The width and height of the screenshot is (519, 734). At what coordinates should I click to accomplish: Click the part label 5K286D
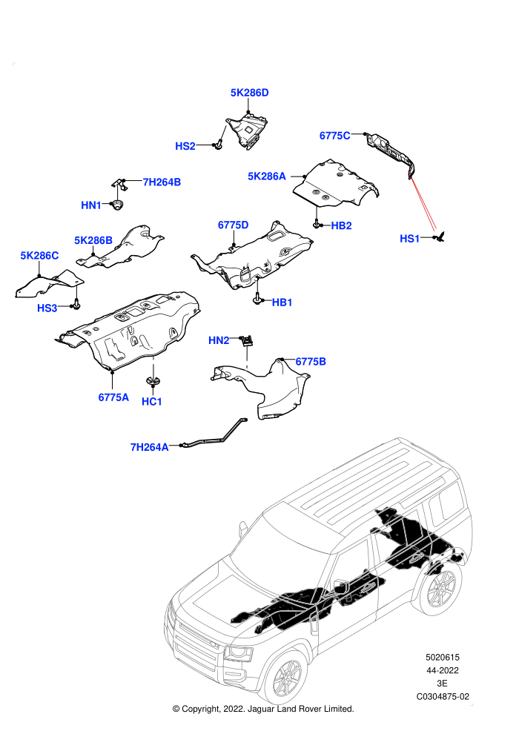pyautogui.click(x=249, y=93)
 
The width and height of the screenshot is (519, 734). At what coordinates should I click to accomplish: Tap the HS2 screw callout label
pyautogui.click(x=185, y=146)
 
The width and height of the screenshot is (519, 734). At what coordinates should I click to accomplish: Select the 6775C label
pyautogui.click(x=334, y=136)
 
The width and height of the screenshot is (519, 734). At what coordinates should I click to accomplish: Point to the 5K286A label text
pyautogui.click(x=266, y=176)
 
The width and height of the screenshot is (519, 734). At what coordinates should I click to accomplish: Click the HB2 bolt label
pyautogui.click(x=341, y=225)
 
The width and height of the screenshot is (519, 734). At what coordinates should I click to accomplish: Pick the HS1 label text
pyautogui.click(x=409, y=239)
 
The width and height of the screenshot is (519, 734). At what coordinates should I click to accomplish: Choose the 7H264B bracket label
pyautogui.click(x=162, y=182)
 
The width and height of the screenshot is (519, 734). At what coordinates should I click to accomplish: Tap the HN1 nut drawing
pyautogui.click(x=116, y=205)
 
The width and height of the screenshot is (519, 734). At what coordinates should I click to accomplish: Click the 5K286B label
pyautogui.click(x=93, y=241)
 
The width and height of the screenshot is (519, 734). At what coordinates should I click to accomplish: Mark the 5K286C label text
pyautogui.click(x=39, y=256)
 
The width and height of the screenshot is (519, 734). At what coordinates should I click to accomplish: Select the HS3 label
pyautogui.click(x=47, y=308)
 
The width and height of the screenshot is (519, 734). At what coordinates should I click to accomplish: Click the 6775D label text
pyautogui.click(x=233, y=225)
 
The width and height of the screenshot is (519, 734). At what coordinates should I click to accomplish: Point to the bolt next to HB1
pyautogui.click(x=257, y=299)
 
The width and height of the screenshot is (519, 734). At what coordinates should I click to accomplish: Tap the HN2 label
pyautogui.click(x=219, y=340)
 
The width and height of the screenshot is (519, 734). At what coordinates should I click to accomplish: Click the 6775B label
pyautogui.click(x=311, y=361)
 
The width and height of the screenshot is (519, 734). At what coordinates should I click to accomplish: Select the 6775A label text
pyautogui.click(x=113, y=397)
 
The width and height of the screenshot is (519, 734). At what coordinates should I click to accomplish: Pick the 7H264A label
pyautogui.click(x=149, y=448)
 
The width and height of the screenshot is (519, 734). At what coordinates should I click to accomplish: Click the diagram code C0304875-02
pyautogui.click(x=443, y=696)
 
